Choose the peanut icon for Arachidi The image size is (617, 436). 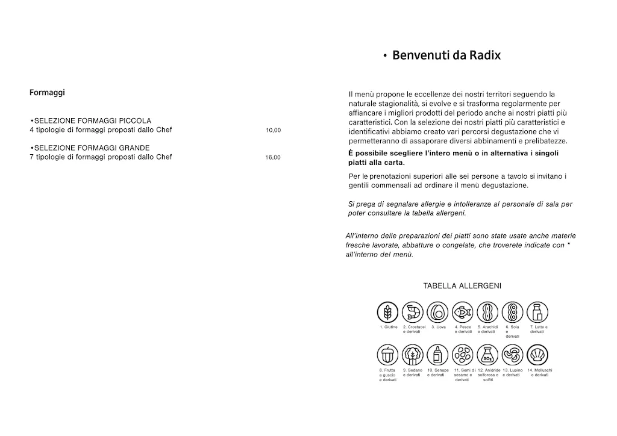(x=487, y=312)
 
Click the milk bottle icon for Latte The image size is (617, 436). (x=537, y=312)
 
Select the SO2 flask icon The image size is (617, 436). (x=487, y=355)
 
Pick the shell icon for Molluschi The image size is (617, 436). (x=537, y=355)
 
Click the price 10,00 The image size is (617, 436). (x=273, y=130)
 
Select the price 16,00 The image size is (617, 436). (x=273, y=158)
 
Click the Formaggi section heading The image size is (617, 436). (x=47, y=93)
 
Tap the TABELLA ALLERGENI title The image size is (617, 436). (x=462, y=286)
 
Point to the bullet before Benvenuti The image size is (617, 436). (x=384, y=57)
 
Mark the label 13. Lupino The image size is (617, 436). (x=512, y=370)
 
